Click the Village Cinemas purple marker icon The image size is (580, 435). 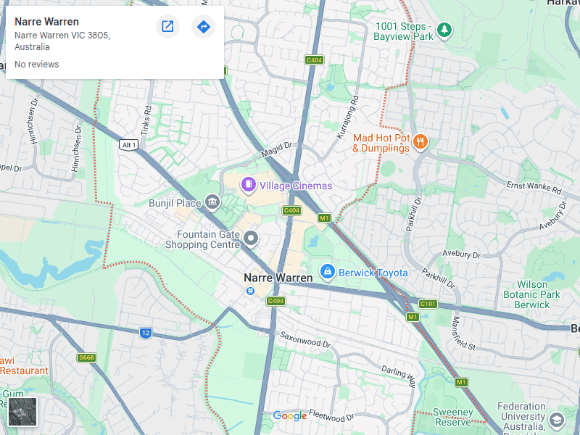[x=249, y=186]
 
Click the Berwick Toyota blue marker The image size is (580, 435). [x=327, y=272]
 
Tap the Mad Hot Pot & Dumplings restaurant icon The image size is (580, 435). [x=420, y=143]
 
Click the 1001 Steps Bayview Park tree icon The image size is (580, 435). [x=444, y=30]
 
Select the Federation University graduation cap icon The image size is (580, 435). [x=556, y=420]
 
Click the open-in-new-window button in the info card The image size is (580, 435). [x=167, y=27]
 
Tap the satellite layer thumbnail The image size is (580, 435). [x=22, y=412]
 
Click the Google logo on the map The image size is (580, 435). [x=290, y=415]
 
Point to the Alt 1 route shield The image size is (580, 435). [x=128, y=144]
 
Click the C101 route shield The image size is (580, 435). [x=428, y=304]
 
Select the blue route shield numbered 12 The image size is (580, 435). [x=146, y=333]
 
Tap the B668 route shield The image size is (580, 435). [x=86, y=357]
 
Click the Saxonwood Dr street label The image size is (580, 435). [x=305, y=341]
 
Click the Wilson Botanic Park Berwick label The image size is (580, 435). [x=533, y=295]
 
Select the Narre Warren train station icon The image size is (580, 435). [x=250, y=291]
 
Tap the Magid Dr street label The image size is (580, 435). [x=276, y=150]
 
